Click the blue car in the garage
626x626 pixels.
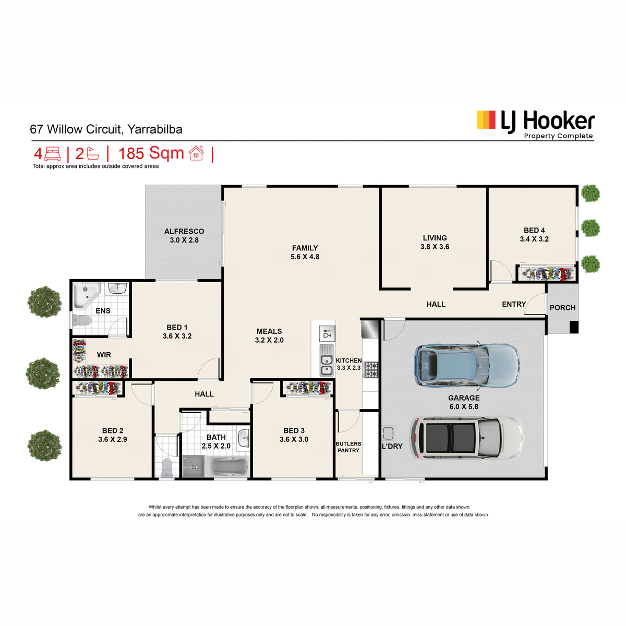pyautogui.click(x=467, y=366)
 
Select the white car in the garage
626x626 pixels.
pyautogui.click(x=466, y=438)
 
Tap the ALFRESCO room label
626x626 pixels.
pyautogui.click(x=184, y=231)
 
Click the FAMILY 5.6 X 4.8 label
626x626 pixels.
pyautogui.click(x=305, y=252)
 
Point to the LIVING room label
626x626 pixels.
pyautogui.click(x=435, y=238)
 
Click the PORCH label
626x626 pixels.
pyautogui.click(x=562, y=308)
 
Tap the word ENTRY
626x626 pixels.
pyautogui.click(x=514, y=304)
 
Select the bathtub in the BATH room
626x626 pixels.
pyautogui.click(x=227, y=466)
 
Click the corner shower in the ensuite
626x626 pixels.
pyautogui.click(x=85, y=295)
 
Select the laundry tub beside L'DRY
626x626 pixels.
pyautogui.click(x=388, y=433)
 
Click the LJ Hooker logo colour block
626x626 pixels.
pyautogui.click(x=486, y=120)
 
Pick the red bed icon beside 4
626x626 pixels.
pyautogui.click(x=53, y=154)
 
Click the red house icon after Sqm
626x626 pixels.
pyautogui.click(x=196, y=153)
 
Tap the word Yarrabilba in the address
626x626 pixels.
pyautogui.click(x=154, y=129)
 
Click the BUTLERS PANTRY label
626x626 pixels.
pyautogui.click(x=348, y=447)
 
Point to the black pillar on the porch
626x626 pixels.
pyautogui.click(x=574, y=327)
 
